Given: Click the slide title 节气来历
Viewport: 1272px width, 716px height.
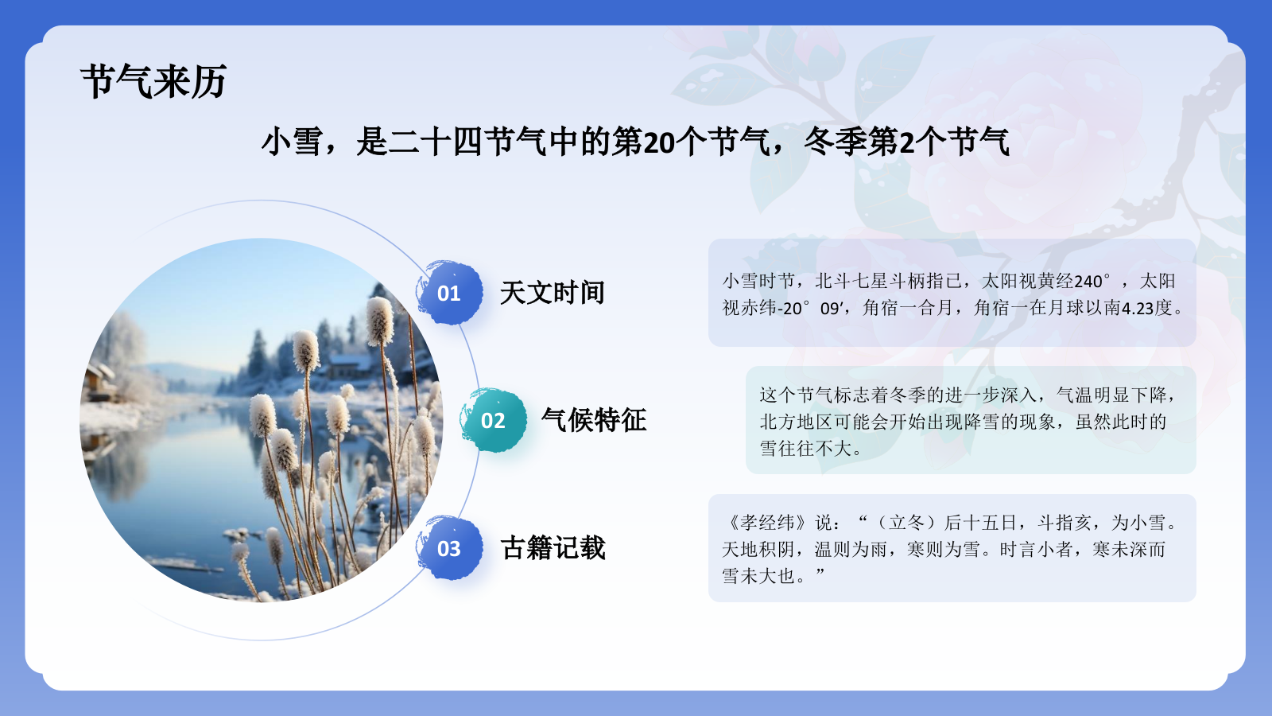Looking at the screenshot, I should point(153,81).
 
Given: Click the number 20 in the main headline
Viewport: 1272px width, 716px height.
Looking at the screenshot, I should point(659,142).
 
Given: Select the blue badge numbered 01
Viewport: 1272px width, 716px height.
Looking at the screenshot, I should point(449,293).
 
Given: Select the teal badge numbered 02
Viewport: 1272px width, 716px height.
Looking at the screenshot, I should point(493,420).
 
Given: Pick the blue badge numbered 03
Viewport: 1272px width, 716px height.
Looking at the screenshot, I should point(449,548).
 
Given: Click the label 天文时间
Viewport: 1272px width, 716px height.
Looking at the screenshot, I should point(553,293).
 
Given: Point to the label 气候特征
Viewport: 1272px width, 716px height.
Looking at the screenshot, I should point(594,420).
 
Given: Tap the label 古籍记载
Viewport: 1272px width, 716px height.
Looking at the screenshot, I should point(553,548).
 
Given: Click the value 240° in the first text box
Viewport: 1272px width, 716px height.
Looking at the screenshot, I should point(1092,281).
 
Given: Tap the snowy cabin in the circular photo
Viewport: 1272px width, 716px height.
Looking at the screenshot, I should point(350,366).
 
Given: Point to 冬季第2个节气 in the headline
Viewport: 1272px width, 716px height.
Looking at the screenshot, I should point(906,142).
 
